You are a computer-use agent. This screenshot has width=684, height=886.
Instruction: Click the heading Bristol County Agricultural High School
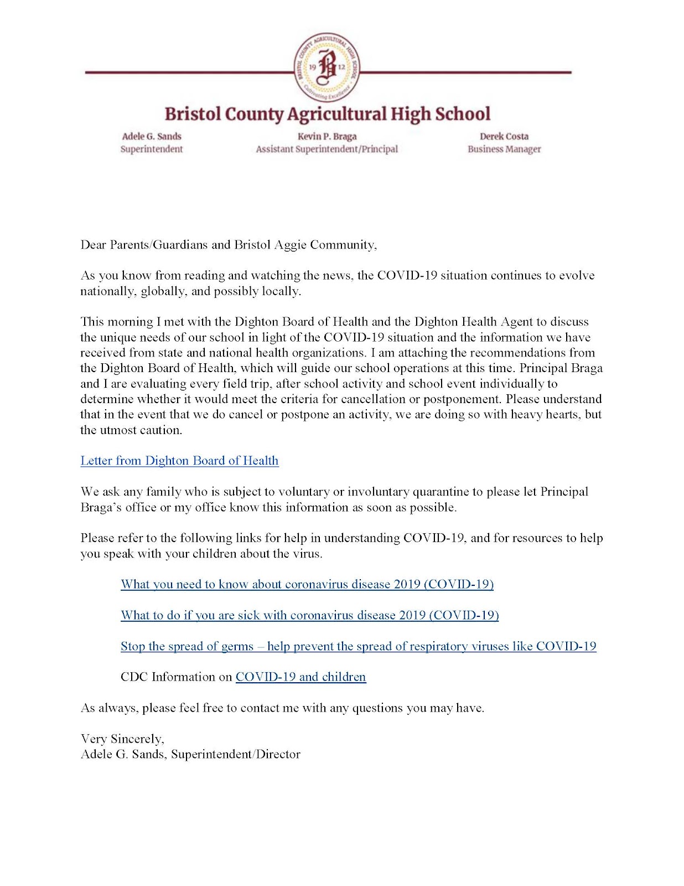(x=327, y=114)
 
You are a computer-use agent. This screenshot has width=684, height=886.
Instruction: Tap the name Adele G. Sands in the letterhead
(x=152, y=136)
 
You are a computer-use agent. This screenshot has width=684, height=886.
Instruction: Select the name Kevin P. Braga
(x=327, y=136)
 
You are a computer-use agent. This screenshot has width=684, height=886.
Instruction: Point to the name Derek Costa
(x=504, y=136)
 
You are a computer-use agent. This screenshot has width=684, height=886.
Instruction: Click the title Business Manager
(x=504, y=149)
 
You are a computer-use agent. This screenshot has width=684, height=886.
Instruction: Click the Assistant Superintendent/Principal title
(x=327, y=149)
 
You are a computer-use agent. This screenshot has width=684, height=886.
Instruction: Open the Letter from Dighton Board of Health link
(x=179, y=461)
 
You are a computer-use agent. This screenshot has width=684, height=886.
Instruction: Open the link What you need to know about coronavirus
(x=307, y=584)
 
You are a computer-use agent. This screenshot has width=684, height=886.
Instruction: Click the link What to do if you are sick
(x=310, y=615)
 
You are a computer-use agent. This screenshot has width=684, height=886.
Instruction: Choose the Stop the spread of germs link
(x=358, y=646)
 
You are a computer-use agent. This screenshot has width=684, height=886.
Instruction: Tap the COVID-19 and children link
(x=300, y=677)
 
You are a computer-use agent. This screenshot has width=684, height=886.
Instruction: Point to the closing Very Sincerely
(x=122, y=739)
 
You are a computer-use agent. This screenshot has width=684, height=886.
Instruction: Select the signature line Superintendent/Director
(x=236, y=754)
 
